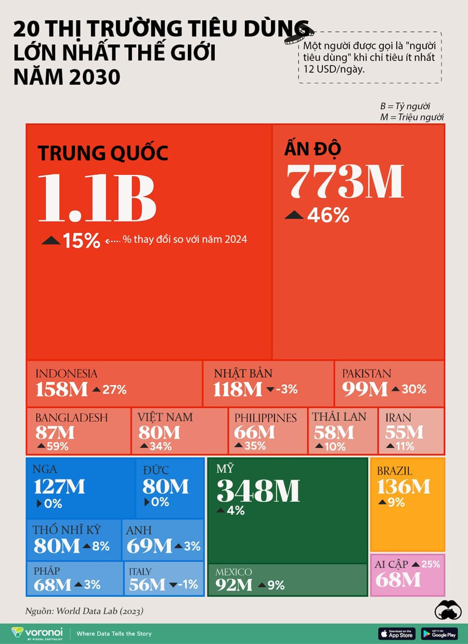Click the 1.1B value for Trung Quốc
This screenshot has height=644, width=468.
(x=97, y=198)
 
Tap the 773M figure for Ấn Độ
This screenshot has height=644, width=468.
(x=345, y=182)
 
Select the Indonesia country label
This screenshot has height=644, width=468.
(x=66, y=373)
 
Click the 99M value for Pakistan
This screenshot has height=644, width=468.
(x=365, y=389)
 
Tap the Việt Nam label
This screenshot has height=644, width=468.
(x=165, y=417)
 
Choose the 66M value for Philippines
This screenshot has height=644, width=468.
(x=254, y=432)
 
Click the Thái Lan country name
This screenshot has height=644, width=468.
(x=339, y=417)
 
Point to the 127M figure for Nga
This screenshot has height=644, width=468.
(x=59, y=487)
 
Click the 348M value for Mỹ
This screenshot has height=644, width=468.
(x=258, y=491)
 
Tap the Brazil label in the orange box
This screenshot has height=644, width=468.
(x=395, y=471)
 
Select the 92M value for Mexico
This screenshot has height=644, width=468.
(x=235, y=585)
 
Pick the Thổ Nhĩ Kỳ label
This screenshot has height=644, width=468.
(x=67, y=530)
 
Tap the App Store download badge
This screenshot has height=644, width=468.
(x=397, y=633)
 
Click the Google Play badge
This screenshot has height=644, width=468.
(x=439, y=633)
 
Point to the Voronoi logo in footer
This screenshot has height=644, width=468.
(x=37, y=633)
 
